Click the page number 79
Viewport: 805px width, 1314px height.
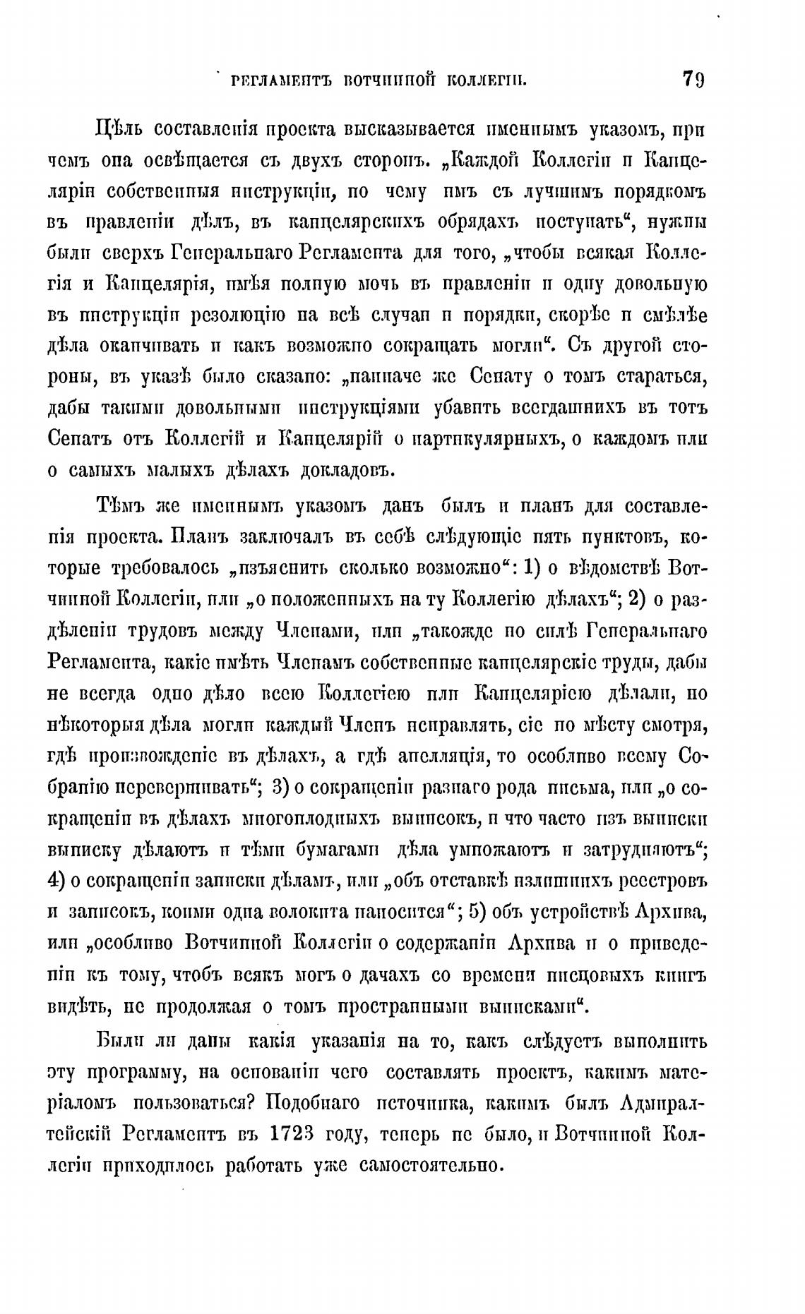click(x=694, y=78)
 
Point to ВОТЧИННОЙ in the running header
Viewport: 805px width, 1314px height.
click(x=383, y=79)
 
